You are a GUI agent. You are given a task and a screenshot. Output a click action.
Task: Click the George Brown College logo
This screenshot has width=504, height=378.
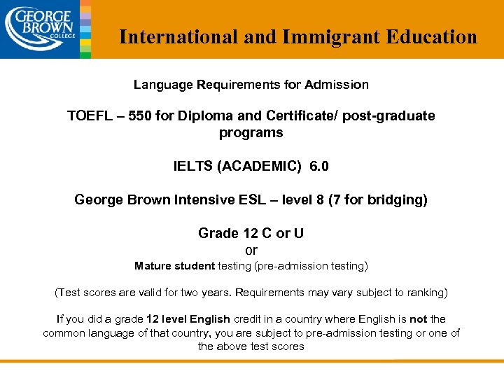click(x=40, y=28)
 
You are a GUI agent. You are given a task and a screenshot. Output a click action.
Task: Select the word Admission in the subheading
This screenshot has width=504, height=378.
click(x=339, y=85)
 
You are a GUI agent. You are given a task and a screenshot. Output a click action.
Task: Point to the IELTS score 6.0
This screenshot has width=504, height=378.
click(x=318, y=167)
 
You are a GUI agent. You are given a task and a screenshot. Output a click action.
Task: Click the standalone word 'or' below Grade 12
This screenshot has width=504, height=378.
click(x=251, y=250)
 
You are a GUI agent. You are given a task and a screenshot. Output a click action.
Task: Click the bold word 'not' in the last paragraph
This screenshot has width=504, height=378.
click(x=419, y=319)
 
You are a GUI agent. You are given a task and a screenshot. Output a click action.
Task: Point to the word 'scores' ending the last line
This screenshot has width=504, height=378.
click(x=288, y=346)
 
